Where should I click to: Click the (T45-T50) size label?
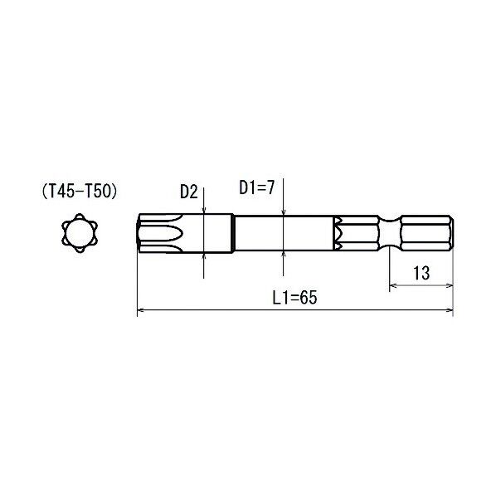pos(80,192)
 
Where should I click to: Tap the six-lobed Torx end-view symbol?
pos(80,233)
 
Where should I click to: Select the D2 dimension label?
pos(189,192)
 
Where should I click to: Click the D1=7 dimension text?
pos(257,187)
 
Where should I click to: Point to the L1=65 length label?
pos(294,297)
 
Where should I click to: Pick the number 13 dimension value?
pos(421,273)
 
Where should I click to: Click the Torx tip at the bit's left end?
pos(160,233)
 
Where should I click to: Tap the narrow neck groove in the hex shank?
pos(390,233)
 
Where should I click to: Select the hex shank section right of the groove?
pos(427,233)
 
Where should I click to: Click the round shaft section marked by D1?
pos(284,233)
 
